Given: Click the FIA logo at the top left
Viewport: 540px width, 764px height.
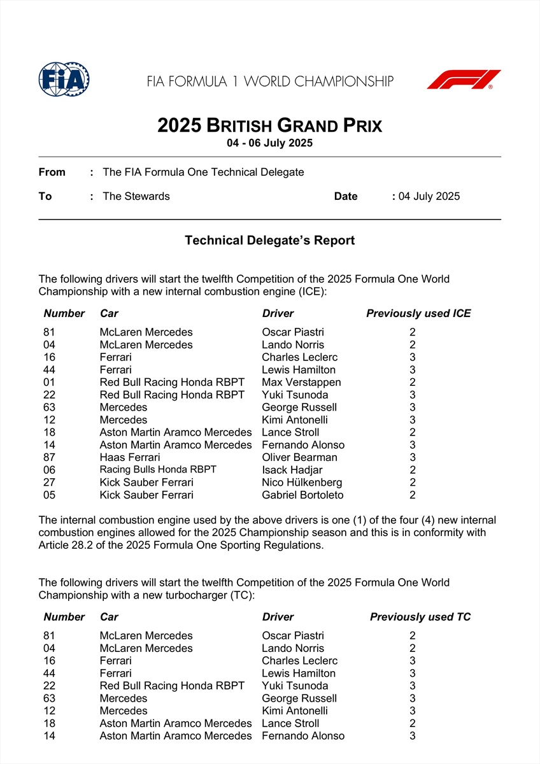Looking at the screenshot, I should (64, 80).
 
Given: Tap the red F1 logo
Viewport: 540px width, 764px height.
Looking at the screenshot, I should (464, 80).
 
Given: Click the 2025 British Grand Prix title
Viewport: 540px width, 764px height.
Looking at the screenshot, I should (269, 125).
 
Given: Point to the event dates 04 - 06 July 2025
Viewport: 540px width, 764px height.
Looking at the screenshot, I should (269, 143).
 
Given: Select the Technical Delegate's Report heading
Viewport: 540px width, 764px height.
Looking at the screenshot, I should (269, 241).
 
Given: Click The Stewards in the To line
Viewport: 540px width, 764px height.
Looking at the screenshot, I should (136, 196).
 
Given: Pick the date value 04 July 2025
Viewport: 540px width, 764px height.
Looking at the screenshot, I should (429, 196).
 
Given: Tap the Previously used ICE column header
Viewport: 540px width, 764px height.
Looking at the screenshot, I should (418, 313).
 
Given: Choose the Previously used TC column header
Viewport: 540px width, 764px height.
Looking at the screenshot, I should (420, 617).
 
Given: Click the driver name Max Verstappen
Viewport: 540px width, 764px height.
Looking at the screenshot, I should (301, 382).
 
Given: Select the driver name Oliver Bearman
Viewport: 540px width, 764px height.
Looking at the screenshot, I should (299, 457).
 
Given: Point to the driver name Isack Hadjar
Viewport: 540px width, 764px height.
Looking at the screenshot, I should (292, 470).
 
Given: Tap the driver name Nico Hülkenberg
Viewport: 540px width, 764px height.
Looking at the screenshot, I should (302, 483).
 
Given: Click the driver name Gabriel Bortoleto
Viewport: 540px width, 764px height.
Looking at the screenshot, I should (302, 495).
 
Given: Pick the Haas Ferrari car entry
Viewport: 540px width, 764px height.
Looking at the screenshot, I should (130, 457).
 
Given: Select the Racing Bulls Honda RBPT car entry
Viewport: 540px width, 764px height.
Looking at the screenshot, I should (158, 469).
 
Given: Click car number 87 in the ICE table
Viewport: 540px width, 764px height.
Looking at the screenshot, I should (50, 457).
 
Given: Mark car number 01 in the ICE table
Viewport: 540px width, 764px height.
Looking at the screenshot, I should (50, 382).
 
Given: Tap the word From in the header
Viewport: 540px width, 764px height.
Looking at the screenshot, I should (52, 172).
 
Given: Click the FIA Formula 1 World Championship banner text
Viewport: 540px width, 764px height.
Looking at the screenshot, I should (270, 81).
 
